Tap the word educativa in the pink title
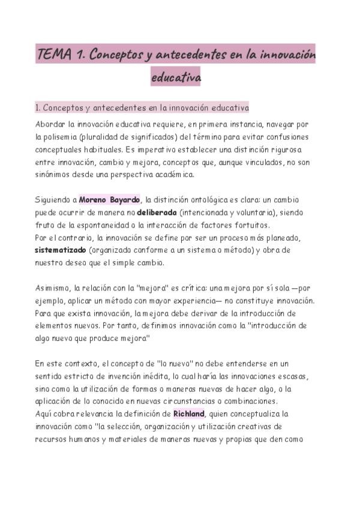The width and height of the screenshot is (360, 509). point(176,77)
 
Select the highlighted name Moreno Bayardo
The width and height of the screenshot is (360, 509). point(109,200)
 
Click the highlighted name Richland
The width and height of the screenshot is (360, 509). point(189,414)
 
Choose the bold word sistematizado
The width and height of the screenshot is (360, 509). point(60,250)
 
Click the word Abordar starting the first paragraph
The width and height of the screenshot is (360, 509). point(50,124)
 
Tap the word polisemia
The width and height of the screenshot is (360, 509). point(65,137)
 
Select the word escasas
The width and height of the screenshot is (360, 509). point(292,376)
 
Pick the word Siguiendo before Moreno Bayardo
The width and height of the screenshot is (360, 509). point(54,200)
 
